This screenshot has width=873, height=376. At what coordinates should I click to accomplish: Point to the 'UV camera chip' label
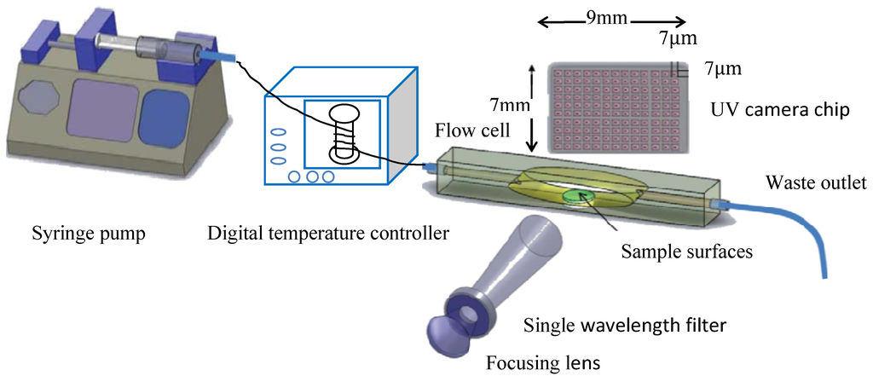tap(778, 112)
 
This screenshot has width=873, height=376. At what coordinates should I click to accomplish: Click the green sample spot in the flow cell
tap(579, 197)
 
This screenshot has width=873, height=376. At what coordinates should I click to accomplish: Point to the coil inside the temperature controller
tap(343, 134)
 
